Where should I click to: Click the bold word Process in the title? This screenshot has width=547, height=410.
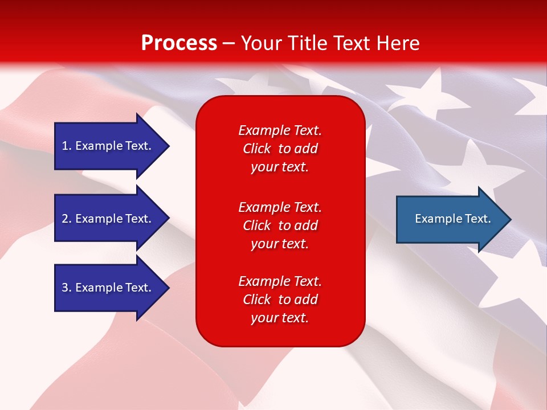[179, 43]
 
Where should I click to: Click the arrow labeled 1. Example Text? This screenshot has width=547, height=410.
[108, 146]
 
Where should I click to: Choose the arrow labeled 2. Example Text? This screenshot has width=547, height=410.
[108, 219]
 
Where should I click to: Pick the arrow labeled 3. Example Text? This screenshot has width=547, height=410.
[108, 288]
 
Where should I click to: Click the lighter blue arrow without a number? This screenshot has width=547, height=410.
[450, 219]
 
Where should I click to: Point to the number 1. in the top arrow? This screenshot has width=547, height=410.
[67, 146]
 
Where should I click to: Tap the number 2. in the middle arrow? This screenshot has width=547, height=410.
[67, 219]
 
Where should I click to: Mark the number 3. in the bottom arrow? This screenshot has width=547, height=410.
[67, 288]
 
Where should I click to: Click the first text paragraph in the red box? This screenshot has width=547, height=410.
[280, 149]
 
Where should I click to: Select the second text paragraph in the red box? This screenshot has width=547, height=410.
[280, 225]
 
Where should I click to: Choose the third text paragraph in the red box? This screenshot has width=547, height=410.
[280, 300]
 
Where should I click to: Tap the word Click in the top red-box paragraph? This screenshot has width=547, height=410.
[256, 149]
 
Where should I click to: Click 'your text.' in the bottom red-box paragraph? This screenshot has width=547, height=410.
[280, 318]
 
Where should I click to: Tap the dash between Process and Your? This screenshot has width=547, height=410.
[229, 43]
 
